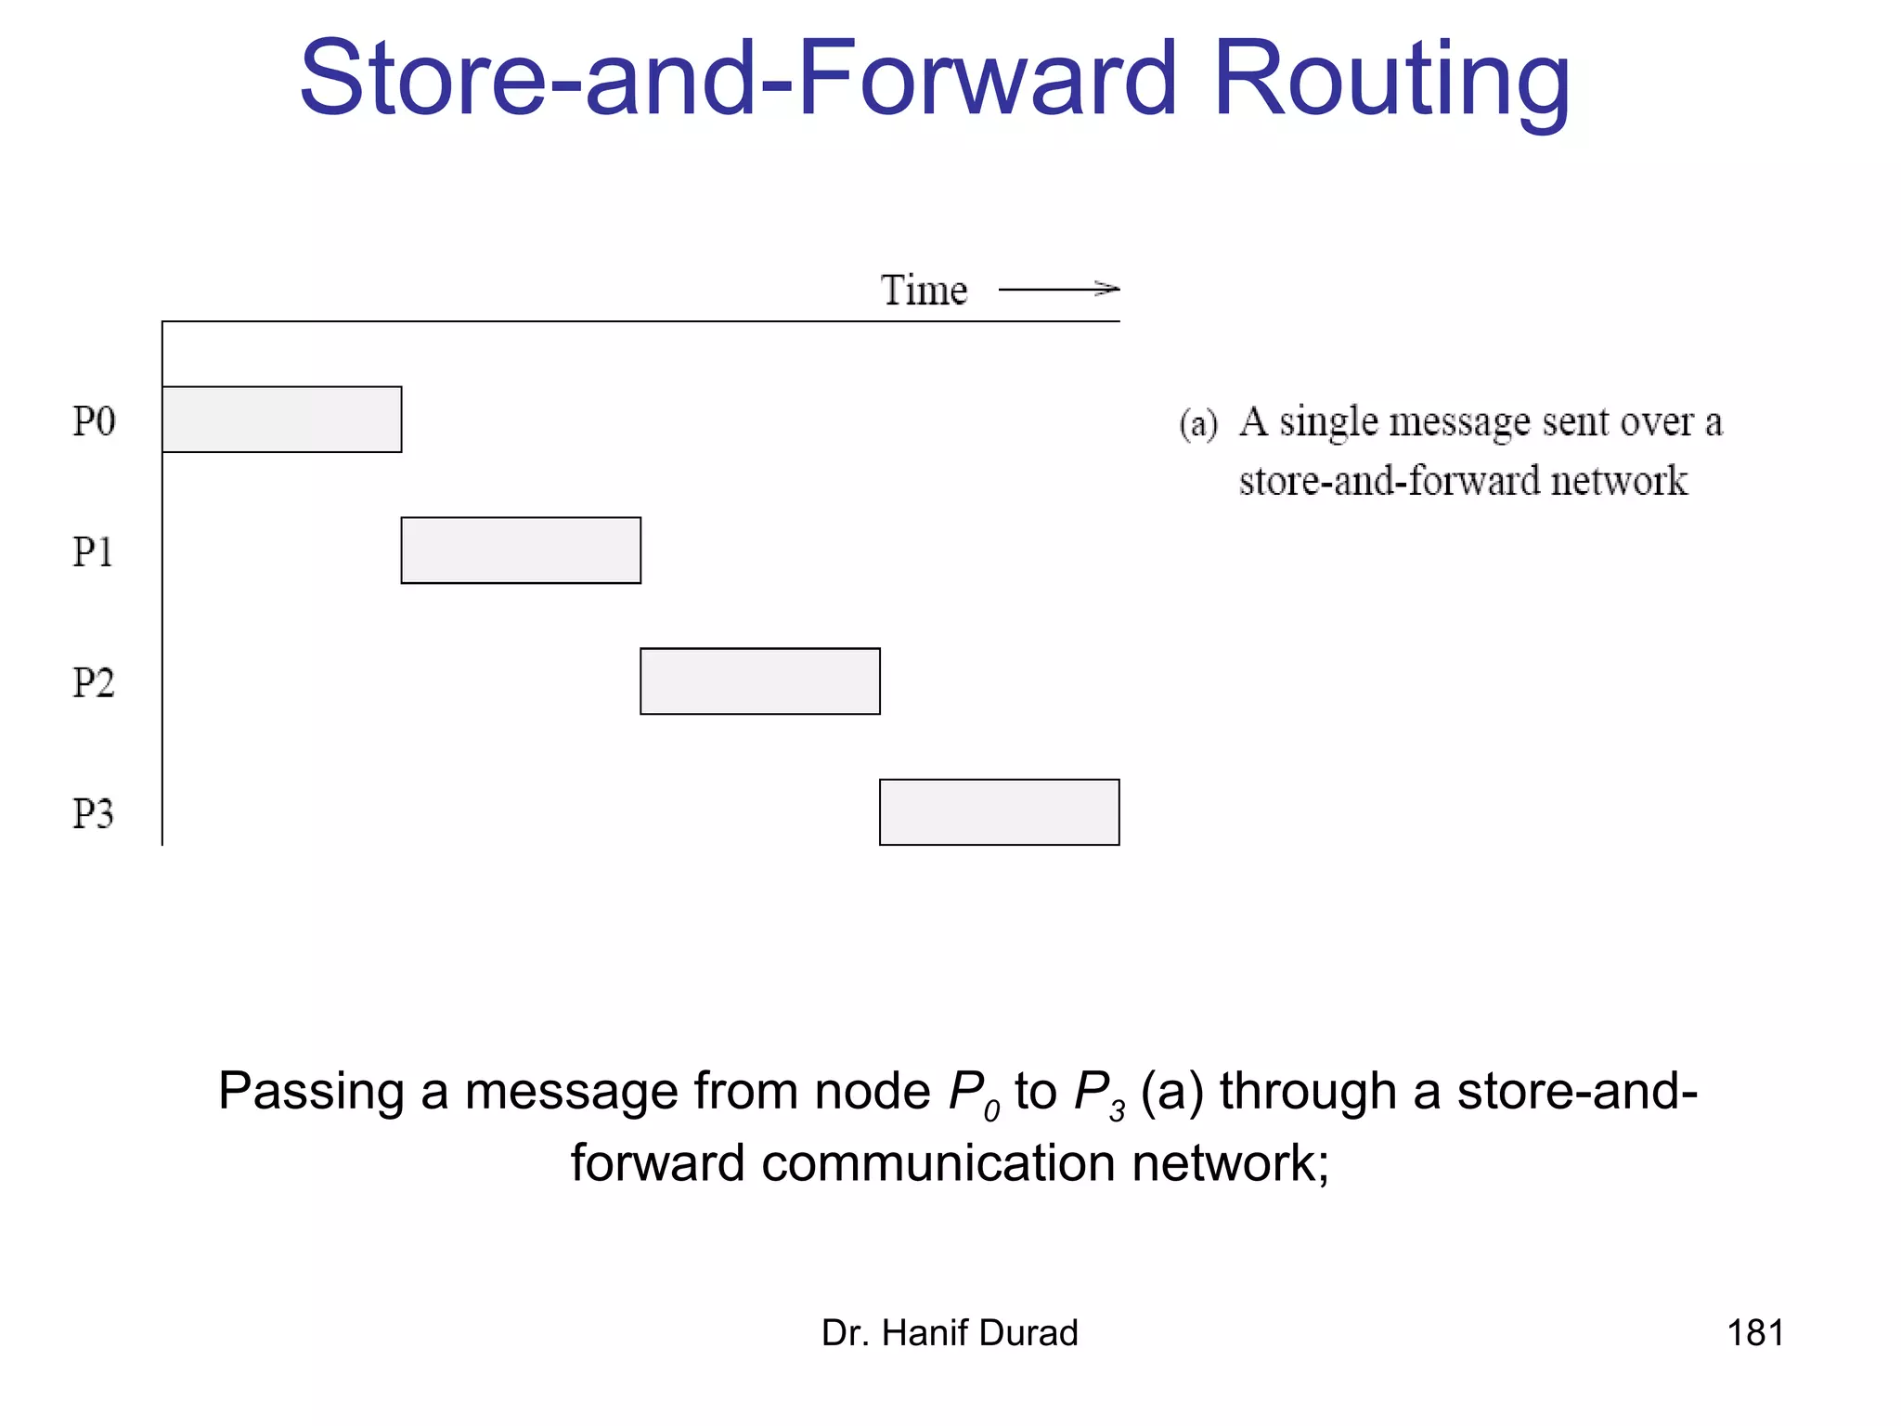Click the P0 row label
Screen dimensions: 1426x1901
coord(94,421)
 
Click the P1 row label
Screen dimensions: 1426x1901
coord(93,552)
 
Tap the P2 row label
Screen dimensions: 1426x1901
coord(94,683)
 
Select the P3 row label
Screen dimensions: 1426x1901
coord(93,814)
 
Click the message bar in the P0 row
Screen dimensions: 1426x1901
coord(282,420)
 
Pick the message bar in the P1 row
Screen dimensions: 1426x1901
coord(521,551)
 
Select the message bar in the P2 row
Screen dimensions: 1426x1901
coord(760,681)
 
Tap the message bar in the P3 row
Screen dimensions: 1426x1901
coord(1000,812)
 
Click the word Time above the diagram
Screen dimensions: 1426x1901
coord(924,291)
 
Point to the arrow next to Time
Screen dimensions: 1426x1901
coord(1059,290)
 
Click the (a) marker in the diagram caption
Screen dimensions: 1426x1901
coord(1198,423)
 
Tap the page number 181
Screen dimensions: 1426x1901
coord(1755,1333)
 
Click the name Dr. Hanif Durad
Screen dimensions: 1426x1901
coord(950,1333)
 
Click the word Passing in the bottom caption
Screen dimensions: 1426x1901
coord(311,1092)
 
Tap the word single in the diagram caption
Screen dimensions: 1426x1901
coord(1328,422)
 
